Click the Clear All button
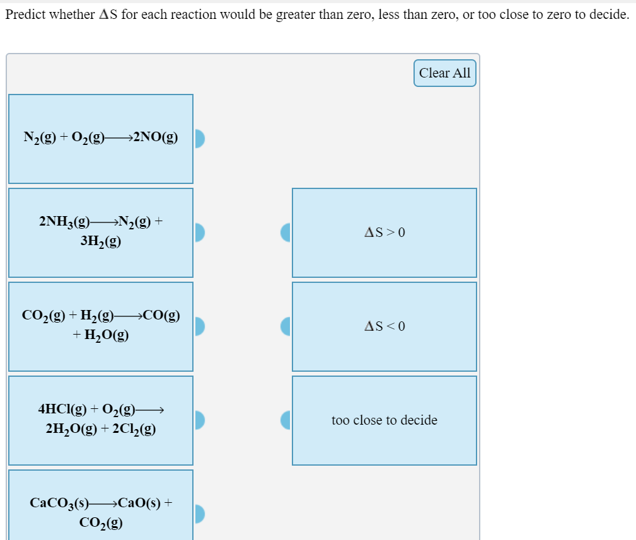click(444, 73)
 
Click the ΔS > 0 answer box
click(384, 233)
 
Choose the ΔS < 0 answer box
click(384, 326)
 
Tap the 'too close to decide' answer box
click(384, 420)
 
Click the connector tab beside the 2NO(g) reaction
click(200, 139)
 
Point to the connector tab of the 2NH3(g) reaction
click(200, 233)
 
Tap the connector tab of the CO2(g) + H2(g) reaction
click(200, 326)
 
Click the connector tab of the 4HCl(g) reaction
click(200, 420)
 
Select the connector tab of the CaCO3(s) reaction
click(200, 514)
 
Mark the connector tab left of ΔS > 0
click(286, 233)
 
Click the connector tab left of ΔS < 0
click(286, 326)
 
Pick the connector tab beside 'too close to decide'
click(286, 420)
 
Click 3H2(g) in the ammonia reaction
click(101, 241)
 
